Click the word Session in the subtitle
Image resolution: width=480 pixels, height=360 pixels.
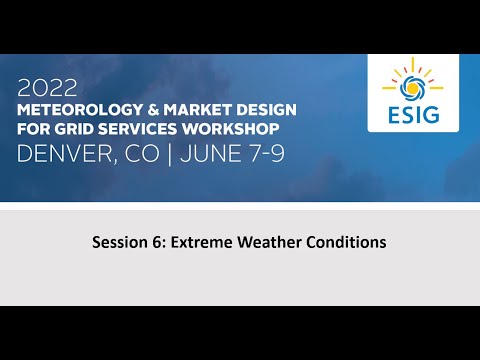117,242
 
